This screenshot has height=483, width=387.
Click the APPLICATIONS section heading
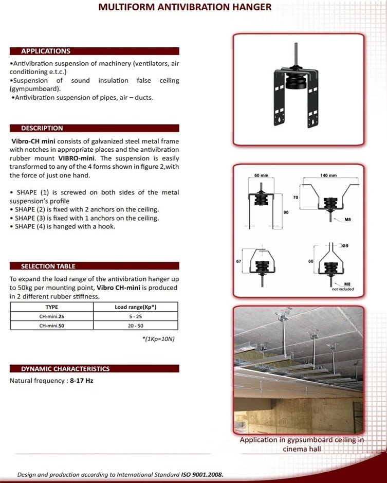coord(46,51)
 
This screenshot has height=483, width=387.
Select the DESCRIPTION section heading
coord(42,128)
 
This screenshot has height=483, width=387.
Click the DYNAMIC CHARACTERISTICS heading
coord(65,369)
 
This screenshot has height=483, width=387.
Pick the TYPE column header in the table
coord(52,307)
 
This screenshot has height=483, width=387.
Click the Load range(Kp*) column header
coord(136,307)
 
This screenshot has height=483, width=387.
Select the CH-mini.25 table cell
coord(52,316)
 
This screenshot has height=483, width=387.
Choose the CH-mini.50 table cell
coord(52,325)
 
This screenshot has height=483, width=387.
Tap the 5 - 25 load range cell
coord(136,316)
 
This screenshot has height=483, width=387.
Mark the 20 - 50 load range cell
coord(136,325)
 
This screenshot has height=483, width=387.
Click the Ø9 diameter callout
coord(345,245)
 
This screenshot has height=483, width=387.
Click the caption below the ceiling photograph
coord(302,444)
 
